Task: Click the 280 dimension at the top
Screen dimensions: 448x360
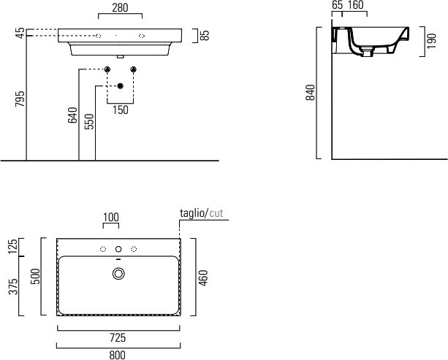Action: (x=120, y=8)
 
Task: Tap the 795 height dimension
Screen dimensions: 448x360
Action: (x=20, y=99)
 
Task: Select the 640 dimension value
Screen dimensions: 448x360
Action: (x=72, y=115)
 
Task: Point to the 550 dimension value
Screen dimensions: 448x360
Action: (x=89, y=122)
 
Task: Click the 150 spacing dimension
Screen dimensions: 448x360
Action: (x=121, y=110)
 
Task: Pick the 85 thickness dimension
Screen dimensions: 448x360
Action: (x=205, y=35)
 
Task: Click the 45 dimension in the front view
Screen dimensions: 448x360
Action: (x=20, y=33)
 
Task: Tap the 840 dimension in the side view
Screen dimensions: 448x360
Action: (x=311, y=93)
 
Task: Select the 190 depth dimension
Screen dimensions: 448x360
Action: (x=431, y=41)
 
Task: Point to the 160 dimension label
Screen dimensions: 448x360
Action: (x=355, y=5)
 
